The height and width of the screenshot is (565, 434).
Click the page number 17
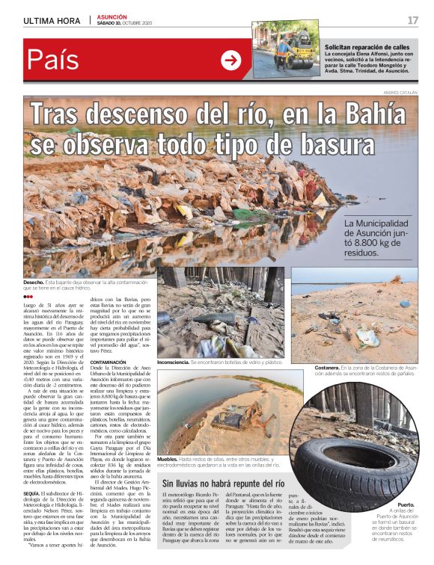tap(413, 19)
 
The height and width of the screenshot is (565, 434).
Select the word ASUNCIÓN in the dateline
tap(111, 16)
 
